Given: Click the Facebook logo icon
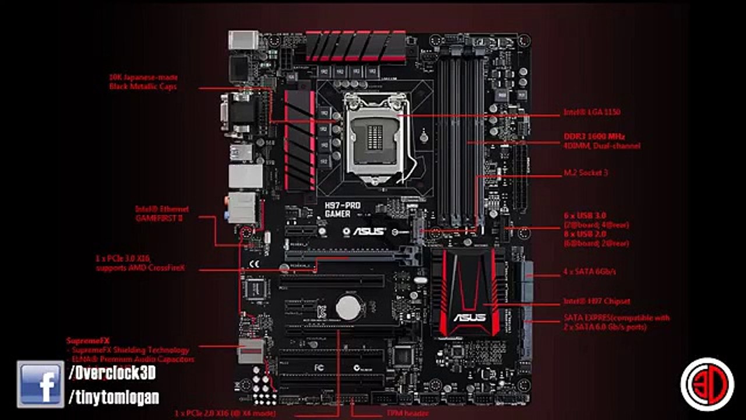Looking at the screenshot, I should pos(40,383).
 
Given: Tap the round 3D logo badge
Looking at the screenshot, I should pos(707,384).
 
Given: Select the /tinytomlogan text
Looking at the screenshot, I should pos(114,398).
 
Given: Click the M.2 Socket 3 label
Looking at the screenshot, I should pos(586,173).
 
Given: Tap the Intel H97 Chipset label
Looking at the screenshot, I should pos(596,302).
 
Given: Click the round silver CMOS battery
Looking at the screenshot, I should pos(349,307).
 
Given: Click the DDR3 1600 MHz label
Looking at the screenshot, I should pos(594,136).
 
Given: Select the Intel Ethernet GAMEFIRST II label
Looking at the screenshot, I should pos(162,213).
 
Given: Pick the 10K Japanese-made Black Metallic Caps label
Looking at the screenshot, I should pos(143,82).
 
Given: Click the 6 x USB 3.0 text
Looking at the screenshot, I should pos(584,216).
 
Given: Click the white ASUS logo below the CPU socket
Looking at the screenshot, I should pos(369,231).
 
